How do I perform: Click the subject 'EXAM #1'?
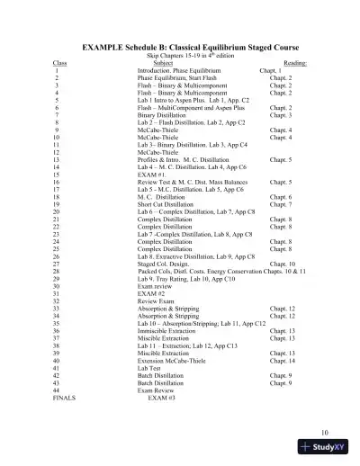[150, 175]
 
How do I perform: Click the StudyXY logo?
[329, 449]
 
